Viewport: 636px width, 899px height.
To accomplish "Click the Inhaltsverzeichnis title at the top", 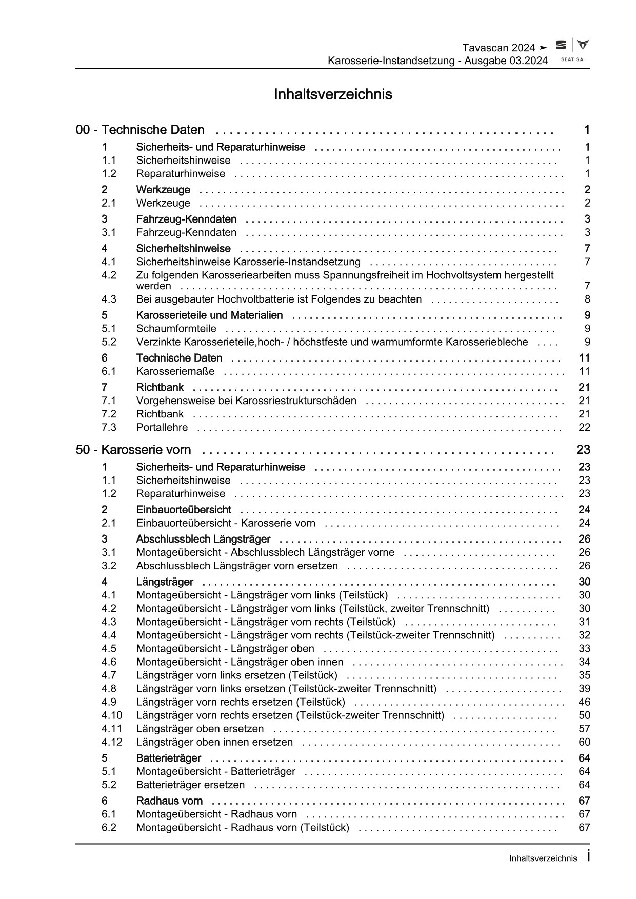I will [333, 94].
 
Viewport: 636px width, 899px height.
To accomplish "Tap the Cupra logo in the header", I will [582, 45].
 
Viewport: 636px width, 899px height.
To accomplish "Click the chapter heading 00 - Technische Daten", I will [140, 130].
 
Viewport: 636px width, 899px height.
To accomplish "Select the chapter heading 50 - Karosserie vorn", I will [133, 450].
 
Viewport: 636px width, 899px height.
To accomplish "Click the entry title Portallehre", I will [162, 427].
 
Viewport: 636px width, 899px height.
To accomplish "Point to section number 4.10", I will [112, 715].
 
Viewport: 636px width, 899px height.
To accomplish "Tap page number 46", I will [584, 702].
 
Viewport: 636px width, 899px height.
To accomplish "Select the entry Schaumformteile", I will [176, 328].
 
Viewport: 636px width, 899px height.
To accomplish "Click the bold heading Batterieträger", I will [169, 758].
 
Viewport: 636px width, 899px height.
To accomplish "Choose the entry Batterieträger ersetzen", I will [190, 785].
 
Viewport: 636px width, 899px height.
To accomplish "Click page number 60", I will [584, 742].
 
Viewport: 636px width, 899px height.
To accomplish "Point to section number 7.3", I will [109, 427].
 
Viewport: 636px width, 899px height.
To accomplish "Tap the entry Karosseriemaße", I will [175, 371].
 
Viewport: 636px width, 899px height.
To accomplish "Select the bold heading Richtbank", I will [160, 387].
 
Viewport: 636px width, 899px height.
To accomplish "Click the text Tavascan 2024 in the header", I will [499, 48].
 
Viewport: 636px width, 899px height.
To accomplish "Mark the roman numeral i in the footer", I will [588, 856].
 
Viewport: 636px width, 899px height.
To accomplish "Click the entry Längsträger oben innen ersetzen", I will [214, 742].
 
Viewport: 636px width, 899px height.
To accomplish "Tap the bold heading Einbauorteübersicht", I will [184, 509].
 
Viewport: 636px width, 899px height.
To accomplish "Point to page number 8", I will [587, 299].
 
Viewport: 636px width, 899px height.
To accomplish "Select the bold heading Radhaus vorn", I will [169, 801].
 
